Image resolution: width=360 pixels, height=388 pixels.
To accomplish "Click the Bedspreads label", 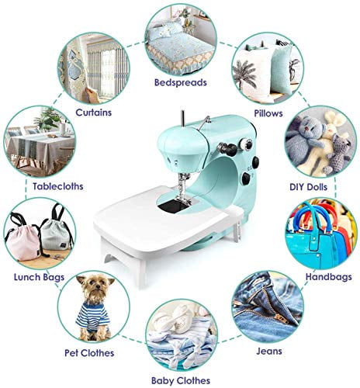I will pos(182,81).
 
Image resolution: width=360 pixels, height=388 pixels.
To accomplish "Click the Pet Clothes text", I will pos(87,353).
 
